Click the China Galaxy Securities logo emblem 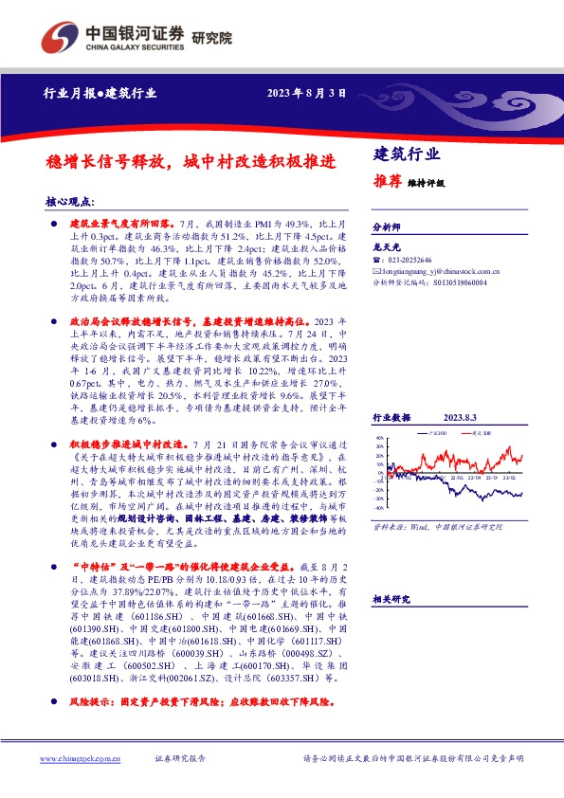[x=59, y=39]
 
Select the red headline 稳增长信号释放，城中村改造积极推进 [x=190, y=161]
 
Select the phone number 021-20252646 [x=408, y=260]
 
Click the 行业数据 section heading [x=391, y=417]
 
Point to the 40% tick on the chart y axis [x=379, y=438]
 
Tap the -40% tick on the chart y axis [x=379, y=509]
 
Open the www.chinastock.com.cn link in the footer [x=80, y=759]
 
